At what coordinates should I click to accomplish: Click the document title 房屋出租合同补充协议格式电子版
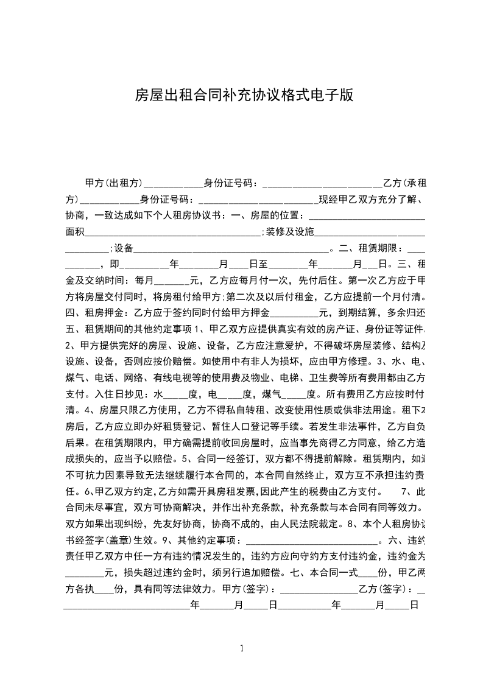pyautogui.click(x=243, y=96)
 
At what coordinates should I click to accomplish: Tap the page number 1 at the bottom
pyautogui.click(x=242, y=648)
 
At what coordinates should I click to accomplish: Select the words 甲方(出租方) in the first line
pyautogui.click(x=114, y=183)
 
